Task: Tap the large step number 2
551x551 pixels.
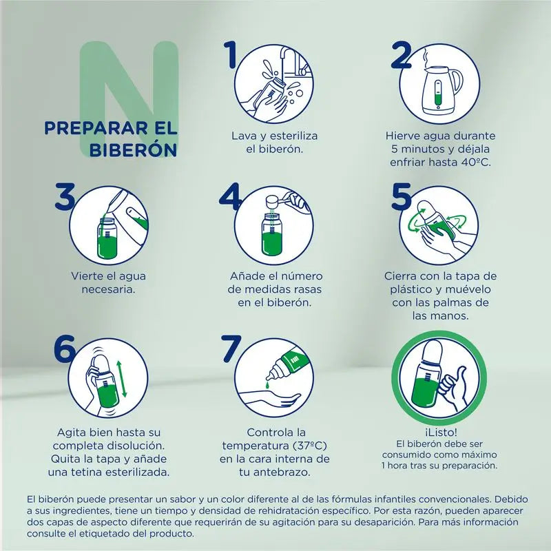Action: tap(401, 54)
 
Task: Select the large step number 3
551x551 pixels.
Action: tap(65, 196)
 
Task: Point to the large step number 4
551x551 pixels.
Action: tap(230, 196)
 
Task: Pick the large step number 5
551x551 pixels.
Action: tap(402, 196)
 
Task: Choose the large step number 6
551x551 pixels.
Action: tap(65, 349)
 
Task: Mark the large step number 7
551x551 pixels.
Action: tap(231, 349)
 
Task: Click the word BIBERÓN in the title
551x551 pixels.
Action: tap(133, 150)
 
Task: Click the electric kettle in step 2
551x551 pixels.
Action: tap(442, 90)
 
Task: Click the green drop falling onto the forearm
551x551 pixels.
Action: tap(268, 386)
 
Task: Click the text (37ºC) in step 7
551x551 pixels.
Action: tap(310, 446)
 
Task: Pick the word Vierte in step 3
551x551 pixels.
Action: tap(85, 276)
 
